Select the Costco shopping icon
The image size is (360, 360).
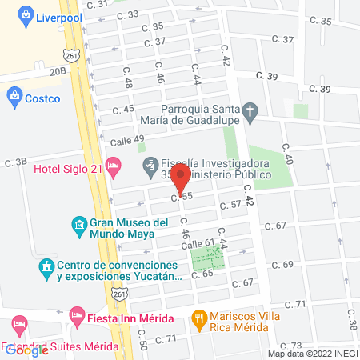(x=14, y=98)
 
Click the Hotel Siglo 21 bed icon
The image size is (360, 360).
(x=114, y=168)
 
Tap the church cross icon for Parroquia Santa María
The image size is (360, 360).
(x=250, y=114)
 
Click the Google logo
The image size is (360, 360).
(x=27, y=349)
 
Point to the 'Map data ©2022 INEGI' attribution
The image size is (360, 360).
(x=312, y=353)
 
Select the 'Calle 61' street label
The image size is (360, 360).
(x=198, y=243)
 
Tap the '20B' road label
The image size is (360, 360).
(x=57, y=71)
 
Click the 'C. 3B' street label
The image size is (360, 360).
(x=15, y=162)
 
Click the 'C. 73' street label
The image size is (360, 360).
(x=292, y=345)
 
